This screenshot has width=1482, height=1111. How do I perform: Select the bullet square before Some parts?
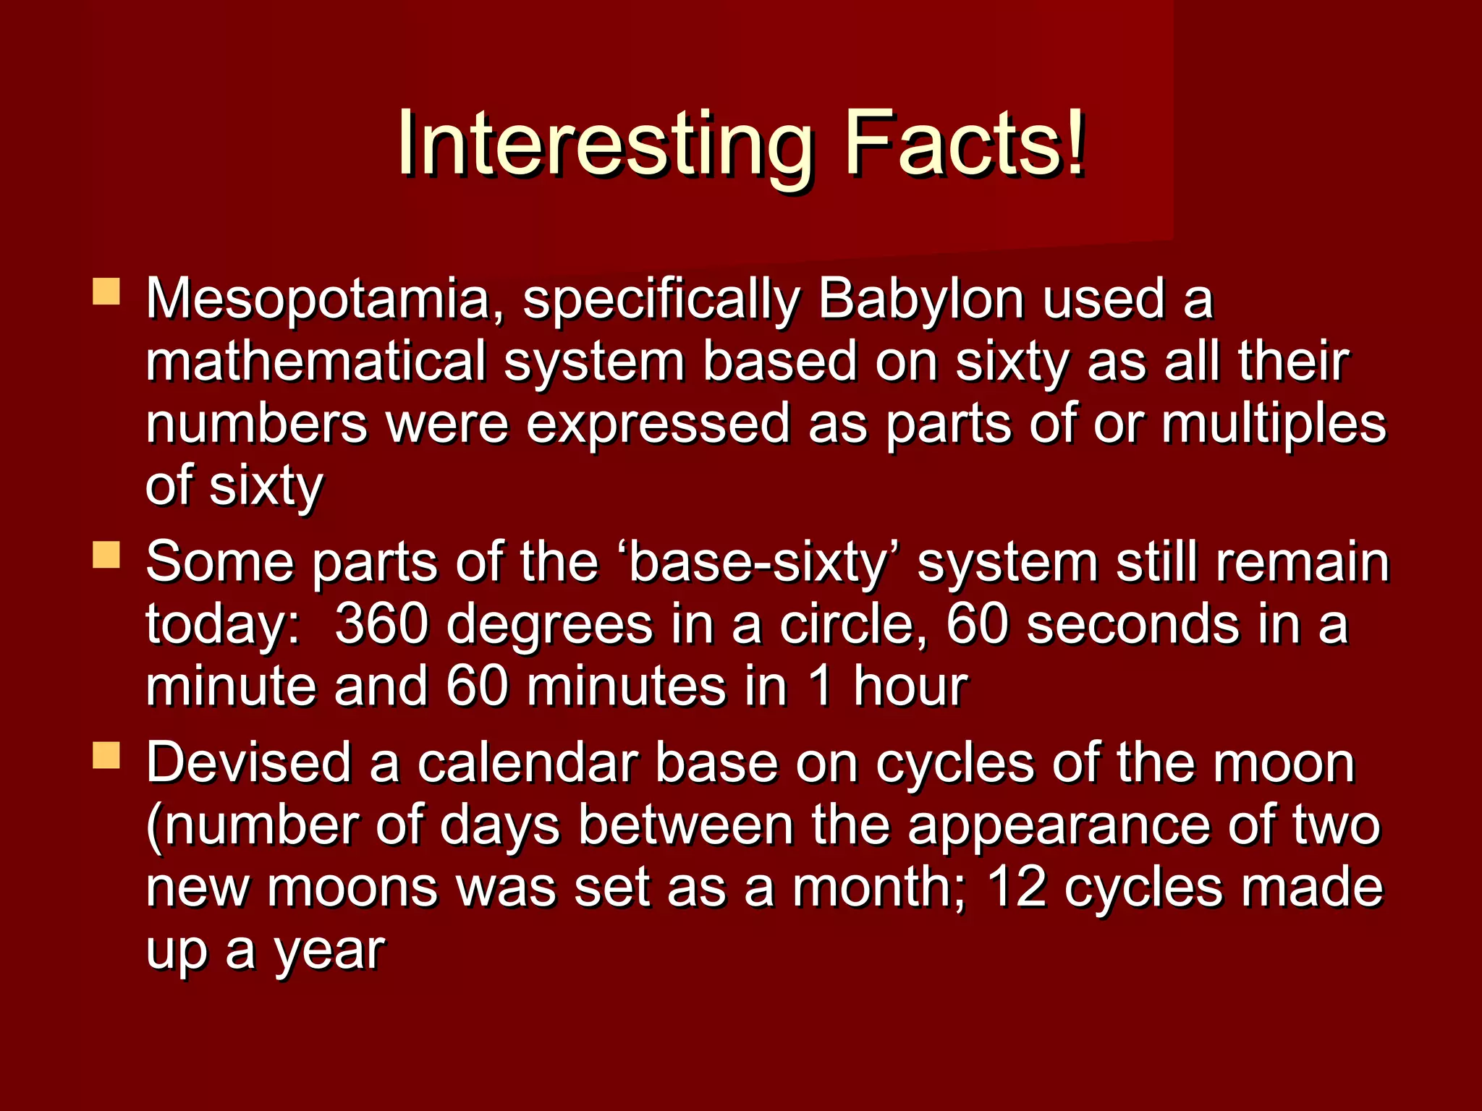(x=106, y=555)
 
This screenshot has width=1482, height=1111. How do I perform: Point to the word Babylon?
(x=920, y=299)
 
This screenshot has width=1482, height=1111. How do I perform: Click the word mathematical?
(x=316, y=361)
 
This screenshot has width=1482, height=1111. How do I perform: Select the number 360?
(x=381, y=624)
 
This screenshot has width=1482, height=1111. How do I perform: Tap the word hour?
(x=910, y=686)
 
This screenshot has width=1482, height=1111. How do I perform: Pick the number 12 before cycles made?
(x=1017, y=887)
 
